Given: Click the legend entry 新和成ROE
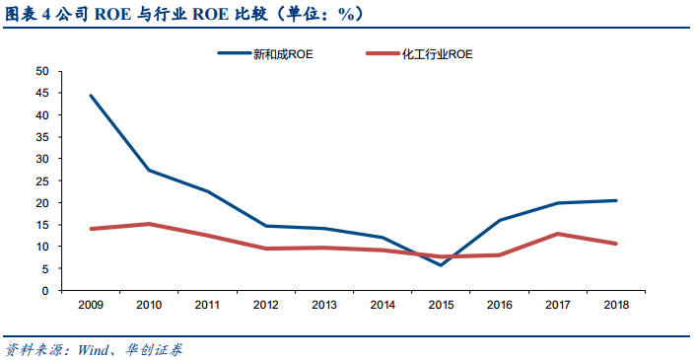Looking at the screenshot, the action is pyautogui.click(x=265, y=53).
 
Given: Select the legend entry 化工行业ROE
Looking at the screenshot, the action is pyautogui.click(x=419, y=53).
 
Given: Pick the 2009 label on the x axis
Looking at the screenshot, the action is pyautogui.click(x=91, y=305).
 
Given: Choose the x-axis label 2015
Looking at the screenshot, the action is pyautogui.click(x=442, y=305).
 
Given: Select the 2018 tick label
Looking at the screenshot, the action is pyautogui.click(x=616, y=305).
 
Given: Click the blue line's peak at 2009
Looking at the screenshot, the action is pyautogui.click(x=91, y=96).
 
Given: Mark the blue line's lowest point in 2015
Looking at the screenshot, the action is pyautogui.click(x=441, y=265).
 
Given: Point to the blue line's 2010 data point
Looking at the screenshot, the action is pyautogui.click(x=149, y=170).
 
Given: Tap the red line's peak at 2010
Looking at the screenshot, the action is pyautogui.click(x=149, y=224).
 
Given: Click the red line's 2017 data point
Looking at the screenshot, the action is pyautogui.click(x=558, y=234).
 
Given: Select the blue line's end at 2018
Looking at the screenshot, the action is pyautogui.click(x=616, y=200).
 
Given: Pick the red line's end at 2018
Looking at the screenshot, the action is pyautogui.click(x=616, y=244).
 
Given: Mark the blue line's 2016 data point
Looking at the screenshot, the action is pyautogui.click(x=500, y=220).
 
